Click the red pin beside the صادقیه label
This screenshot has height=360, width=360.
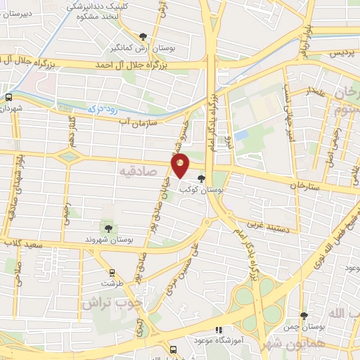click(x=180, y=167)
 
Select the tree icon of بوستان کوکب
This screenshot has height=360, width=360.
click(x=202, y=179)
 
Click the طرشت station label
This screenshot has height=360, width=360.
click(x=110, y=283)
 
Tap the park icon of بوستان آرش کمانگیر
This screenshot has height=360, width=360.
click(x=143, y=37)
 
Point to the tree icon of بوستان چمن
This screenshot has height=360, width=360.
click(x=304, y=316)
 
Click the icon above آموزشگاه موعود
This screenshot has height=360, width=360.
click(x=219, y=329)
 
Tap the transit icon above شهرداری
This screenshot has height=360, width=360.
click(x=8, y=98)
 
